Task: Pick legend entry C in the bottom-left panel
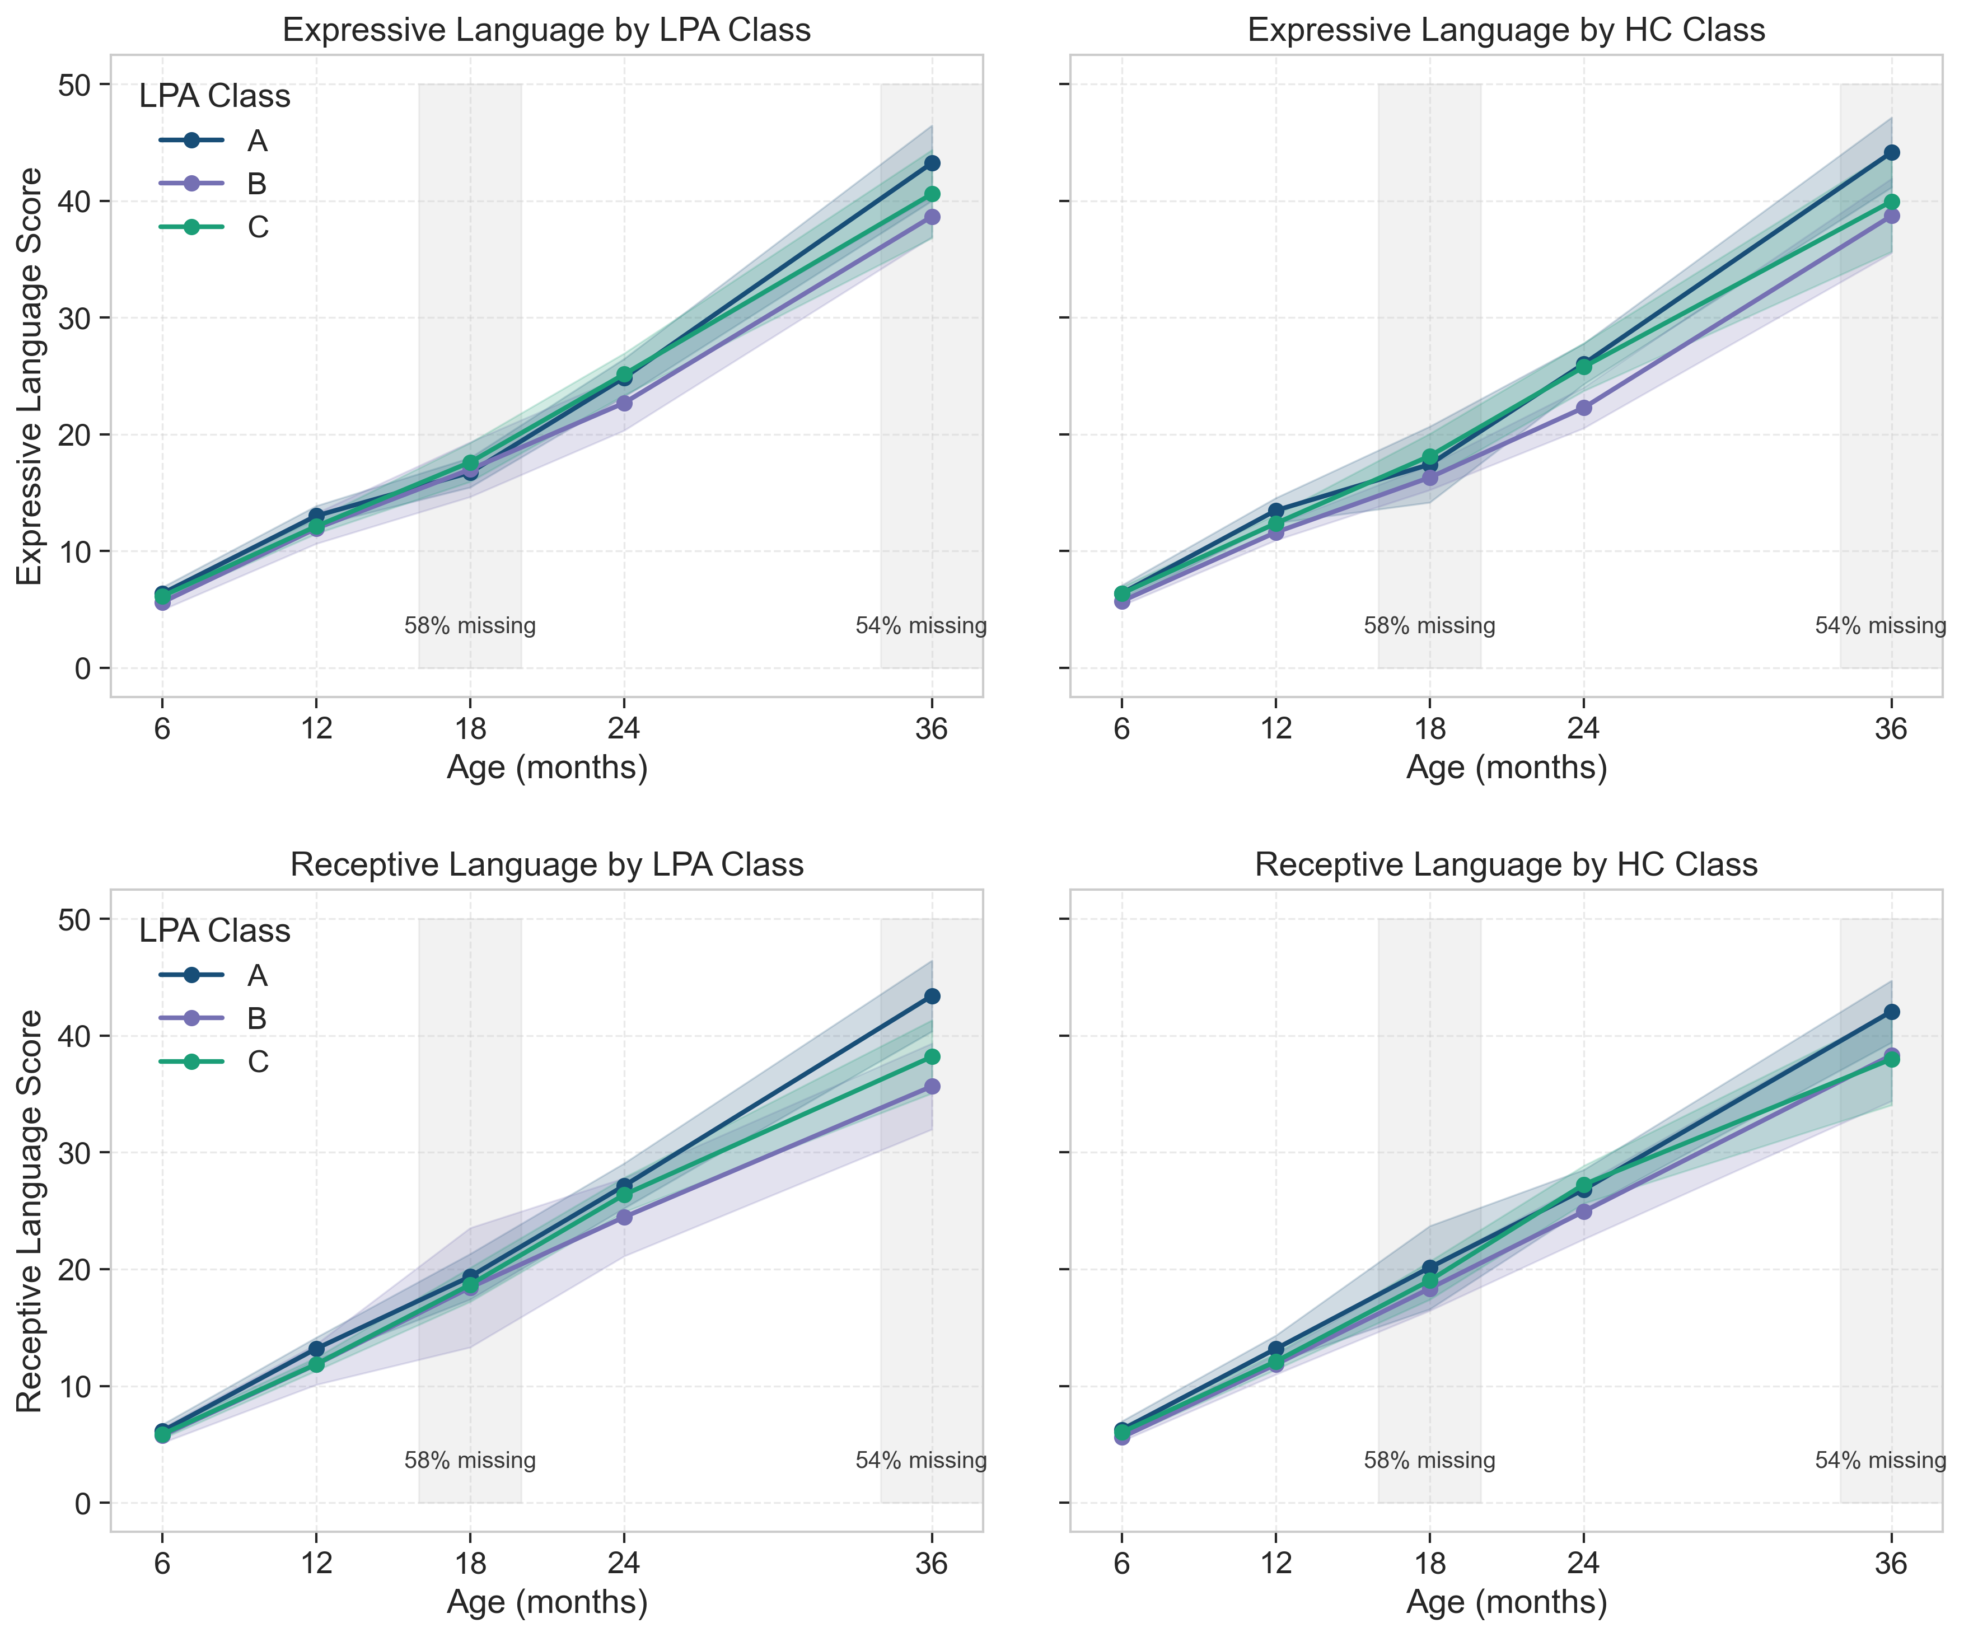point(257,1061)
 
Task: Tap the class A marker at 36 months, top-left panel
point(932,163)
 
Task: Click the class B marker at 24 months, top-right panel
point(1583,408)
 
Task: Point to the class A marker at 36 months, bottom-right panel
point(1891,1012)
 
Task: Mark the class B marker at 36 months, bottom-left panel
point(932,1086)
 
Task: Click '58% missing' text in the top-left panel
point(470,626)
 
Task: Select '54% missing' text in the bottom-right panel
point(1880,1460)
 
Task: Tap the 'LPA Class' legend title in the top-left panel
point(214,96)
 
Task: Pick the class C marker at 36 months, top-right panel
point(1891,202)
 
